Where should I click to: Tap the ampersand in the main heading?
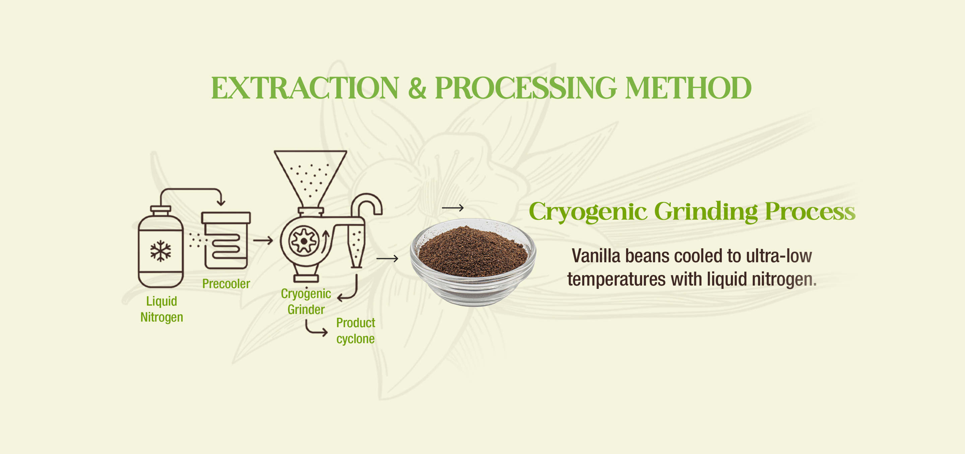417,88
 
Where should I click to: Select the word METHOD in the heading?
688,88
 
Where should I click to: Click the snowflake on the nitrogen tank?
161,251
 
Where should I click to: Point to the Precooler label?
226,284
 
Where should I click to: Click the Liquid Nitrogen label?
162,309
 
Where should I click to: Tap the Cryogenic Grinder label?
306,302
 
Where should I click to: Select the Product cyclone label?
356,330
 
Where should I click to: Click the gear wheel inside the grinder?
304,241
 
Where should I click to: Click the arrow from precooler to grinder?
263,240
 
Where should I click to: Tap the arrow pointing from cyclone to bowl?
387,258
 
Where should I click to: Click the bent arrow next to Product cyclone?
316,328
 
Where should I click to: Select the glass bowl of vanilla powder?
473,262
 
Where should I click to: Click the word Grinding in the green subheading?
706,212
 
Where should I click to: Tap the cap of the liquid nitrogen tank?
160,210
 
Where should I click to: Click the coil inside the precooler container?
226,247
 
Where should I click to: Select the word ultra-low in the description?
779,256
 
